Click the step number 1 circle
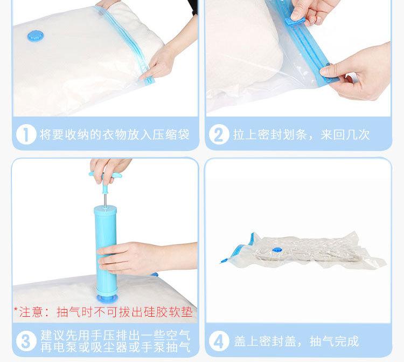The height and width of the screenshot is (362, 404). pos(26,134)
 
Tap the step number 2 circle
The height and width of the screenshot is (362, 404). pos(219,134)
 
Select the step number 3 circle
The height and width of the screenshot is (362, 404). pos(26,341)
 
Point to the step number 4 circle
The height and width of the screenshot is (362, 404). pos(219,341)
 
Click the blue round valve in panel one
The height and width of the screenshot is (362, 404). pos(36,36)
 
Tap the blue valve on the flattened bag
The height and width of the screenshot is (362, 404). pos(277,250)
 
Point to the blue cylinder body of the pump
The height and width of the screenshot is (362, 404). pos(105,248)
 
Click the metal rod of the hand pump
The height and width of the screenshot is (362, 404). pos(105,200)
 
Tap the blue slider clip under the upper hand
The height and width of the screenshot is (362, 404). pos(294,21)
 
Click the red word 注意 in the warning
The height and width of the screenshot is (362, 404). pos(31,312)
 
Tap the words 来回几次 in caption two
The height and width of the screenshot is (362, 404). pos(345,134)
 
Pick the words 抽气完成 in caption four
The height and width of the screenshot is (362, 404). pos(334,341)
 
